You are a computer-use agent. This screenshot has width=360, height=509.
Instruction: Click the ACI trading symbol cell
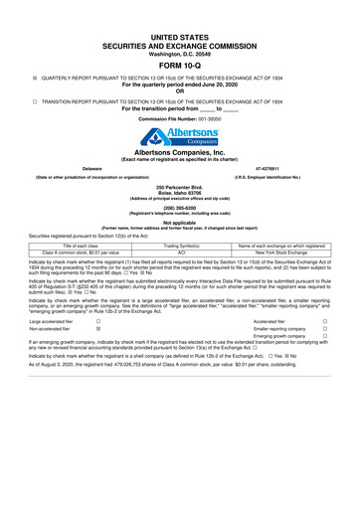181,254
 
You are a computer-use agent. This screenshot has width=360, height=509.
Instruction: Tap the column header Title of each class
77,245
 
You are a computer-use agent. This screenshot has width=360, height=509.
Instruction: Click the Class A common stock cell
77,254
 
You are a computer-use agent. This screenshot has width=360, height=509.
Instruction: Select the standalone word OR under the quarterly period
180,92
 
